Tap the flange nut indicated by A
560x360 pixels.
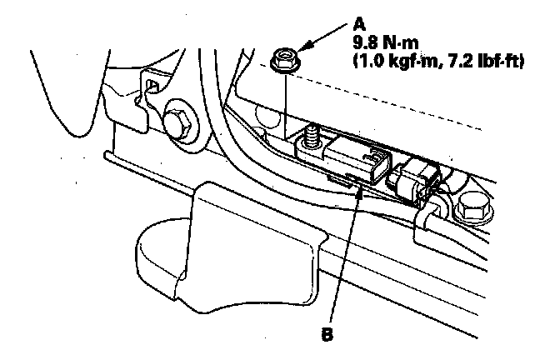(x=281, y=59)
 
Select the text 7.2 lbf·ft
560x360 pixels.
(x=477, y=61)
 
